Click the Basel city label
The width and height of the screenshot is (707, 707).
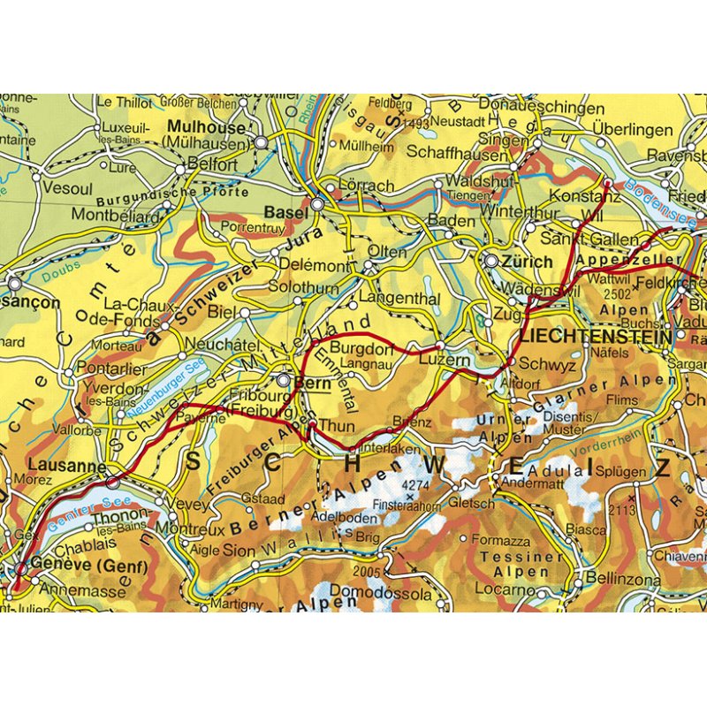286,213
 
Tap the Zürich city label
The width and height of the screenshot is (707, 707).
527,262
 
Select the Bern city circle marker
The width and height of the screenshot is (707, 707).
283,381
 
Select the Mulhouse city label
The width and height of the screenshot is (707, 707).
205,127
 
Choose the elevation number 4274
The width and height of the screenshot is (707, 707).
414,485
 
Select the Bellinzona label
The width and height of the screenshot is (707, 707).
622,580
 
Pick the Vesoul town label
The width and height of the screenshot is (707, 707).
67,189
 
